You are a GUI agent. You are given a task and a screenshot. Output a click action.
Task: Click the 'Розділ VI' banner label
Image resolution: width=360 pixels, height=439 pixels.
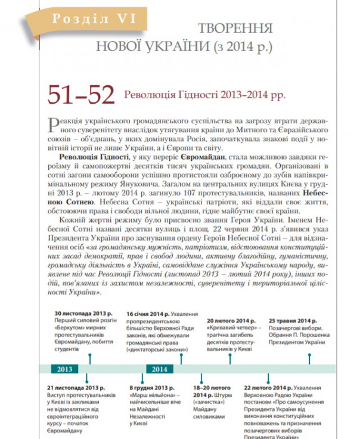coord(95,18)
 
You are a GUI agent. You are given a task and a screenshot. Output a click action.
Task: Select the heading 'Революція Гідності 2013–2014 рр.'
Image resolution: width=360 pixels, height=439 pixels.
coord(204,95)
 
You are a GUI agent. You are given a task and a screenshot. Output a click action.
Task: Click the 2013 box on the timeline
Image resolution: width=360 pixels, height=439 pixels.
coord(65,369)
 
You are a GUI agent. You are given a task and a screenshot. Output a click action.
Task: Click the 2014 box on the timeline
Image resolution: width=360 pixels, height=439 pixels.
coord(159,369)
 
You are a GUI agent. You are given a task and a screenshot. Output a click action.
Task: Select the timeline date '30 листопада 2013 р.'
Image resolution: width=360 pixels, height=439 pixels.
coord(83,313)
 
